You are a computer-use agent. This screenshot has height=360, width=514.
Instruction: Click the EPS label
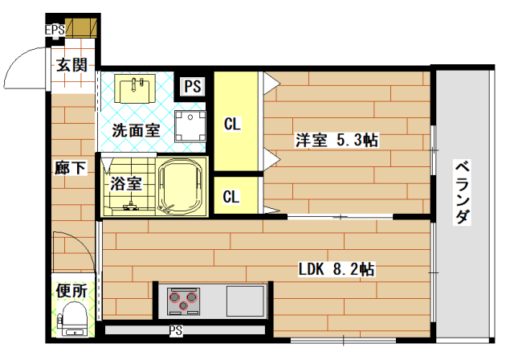(55, 30)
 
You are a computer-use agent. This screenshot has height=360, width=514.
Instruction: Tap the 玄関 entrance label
(71, 65)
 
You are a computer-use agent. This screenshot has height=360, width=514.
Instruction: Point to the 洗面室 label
(136, 130)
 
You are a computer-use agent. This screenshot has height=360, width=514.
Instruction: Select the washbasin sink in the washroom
(135, 88)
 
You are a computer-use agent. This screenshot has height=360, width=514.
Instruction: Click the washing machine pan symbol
(190, 126)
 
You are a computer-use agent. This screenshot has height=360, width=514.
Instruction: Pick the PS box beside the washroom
(193, 87)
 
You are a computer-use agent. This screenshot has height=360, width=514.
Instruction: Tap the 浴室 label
(126, 183)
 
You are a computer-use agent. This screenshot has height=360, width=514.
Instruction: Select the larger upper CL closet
(236, 121)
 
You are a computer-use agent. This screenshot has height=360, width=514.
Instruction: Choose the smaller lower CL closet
(236, 195)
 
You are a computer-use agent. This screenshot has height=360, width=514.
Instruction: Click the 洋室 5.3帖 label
(337, 140)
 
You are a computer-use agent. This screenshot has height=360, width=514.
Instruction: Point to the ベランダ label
(463, 192)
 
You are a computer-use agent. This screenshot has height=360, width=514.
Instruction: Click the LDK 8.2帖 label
(337, 269)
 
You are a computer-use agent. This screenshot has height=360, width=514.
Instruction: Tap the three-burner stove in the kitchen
(184, 301)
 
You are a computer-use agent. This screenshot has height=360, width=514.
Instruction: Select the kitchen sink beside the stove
(246, 301)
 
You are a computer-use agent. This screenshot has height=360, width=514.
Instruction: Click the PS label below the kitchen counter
(176, 330)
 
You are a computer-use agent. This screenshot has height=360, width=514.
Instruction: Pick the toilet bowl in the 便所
(71, 319)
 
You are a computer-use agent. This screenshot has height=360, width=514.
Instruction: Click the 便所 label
(71, 291)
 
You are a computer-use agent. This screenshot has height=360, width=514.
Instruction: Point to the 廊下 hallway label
(71, 167)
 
